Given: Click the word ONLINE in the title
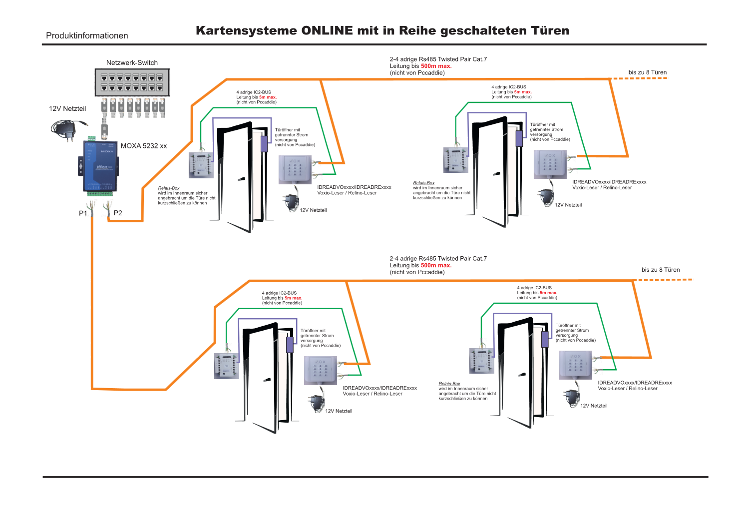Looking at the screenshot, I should coord(327,30).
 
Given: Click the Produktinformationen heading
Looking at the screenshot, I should coord(87,35).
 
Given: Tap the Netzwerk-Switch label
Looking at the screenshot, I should coord(132,62).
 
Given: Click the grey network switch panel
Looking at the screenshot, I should coord(132,82).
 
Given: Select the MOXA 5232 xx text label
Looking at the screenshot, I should coord(144,146).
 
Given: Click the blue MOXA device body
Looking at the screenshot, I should coord(100,167).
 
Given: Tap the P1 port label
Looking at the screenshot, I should coord(83,213).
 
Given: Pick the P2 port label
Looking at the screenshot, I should coord(118,213).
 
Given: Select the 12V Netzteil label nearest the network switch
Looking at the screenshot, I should coord(67,108).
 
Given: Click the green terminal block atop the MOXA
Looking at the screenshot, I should coord(92,137).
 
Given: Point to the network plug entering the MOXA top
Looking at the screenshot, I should coord(104,131).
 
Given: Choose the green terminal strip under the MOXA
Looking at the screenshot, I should coord(100,193).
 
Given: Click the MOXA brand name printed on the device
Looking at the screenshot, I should coord(107,151).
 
